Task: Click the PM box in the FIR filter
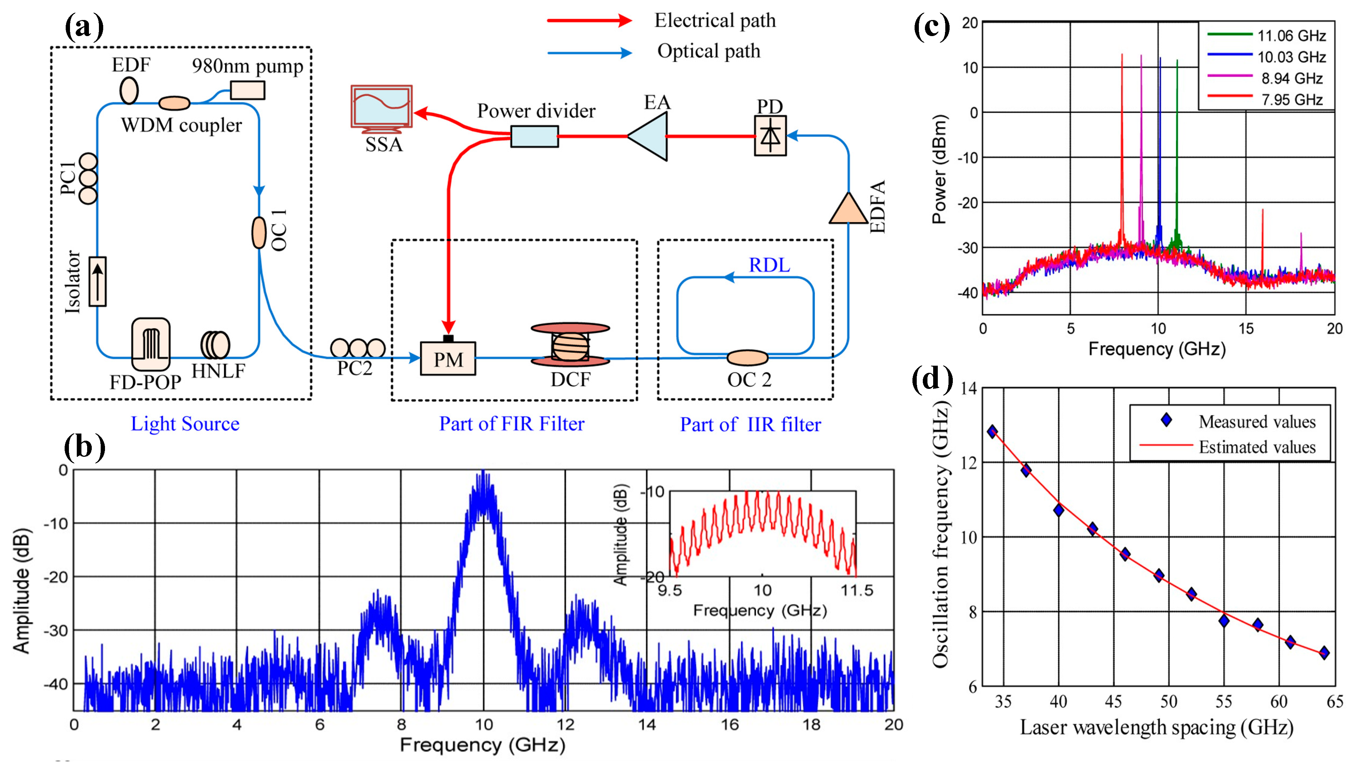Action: pyautogui.click(x=447, y=359)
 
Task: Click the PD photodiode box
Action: pyautogui.click(x=770, y=136)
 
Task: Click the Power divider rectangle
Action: pyautogui.click(x=535, y=136)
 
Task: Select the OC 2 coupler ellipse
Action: pyautogui.click(x=748, y=357)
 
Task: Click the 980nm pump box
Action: pyautogui.click(x=247, y=90)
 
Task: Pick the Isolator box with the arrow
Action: pyautogui.click(x=97, y=281)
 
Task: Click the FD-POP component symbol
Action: pyautogui.click(x=151, y=344)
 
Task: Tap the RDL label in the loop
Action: pyautogui.click(x=769, y=265)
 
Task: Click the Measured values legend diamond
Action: pyautogui.click(x=1166, y=421)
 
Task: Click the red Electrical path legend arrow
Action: pyautogui.click(x=589, y=21)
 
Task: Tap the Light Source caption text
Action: pyautogui.click(x=185, y=424)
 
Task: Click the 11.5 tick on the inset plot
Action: pyautogui.click(x=856, y=590)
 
